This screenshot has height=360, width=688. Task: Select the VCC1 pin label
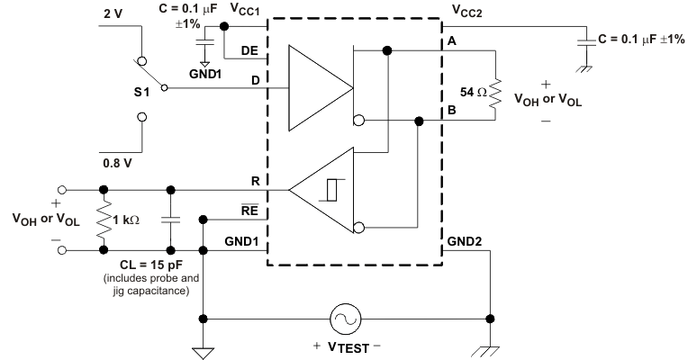click(x=245, y=10)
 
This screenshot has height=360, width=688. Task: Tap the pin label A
click(x=449, y=42)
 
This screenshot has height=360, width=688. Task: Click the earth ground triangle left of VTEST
click(x=205, y=352)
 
